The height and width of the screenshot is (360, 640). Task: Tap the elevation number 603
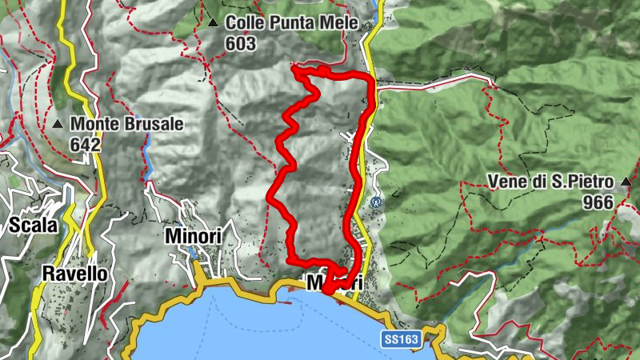tap(240, 43)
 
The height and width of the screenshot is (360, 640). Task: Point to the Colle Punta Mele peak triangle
tap(213, 24)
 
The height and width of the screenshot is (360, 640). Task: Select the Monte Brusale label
tap(127, 125)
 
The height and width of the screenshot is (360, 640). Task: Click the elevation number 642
tap(86, 144)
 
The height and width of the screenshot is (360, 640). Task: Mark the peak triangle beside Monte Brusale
tap(58, 126)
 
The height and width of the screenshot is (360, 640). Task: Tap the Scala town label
tap(34, 226)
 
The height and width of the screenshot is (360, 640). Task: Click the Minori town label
tap(192, 237)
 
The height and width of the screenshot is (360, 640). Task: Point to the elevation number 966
tap(598, 202)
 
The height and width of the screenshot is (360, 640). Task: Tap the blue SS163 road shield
tap(400, 340)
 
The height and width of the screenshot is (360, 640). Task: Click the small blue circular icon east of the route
tap(376, 202)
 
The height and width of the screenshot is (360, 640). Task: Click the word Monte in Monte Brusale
tap(94, 125)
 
